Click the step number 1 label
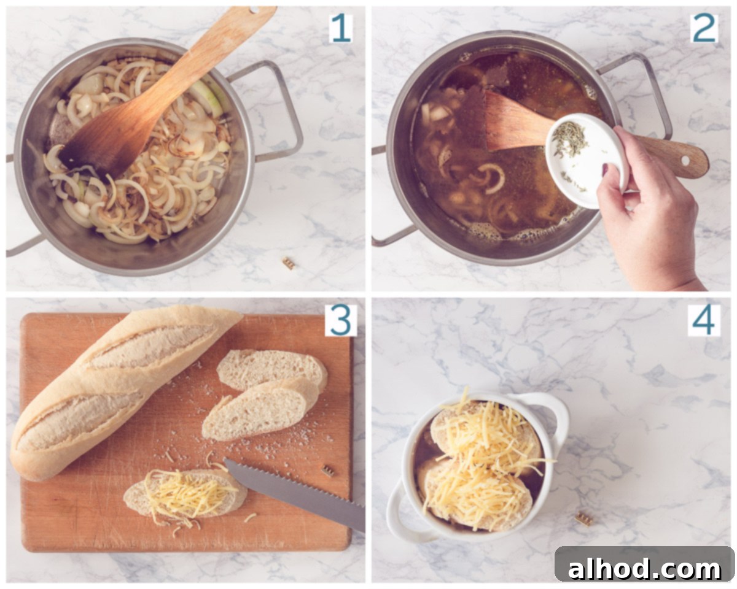tap(341, 28)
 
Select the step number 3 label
tap(341, 320)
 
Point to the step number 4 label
tap(704, 320)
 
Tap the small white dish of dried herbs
tap(587, 160)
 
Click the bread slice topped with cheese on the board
tap(185, 493)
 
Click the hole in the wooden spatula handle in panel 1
tap(254, 10)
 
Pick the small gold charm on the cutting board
tap(328, 471)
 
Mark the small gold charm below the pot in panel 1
tap(289, 263)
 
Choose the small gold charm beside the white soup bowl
tap(583, 518)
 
